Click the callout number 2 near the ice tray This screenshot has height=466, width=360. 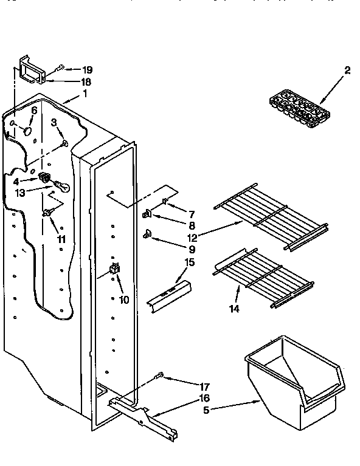coord(347,70)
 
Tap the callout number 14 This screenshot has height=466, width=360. coord(234,308)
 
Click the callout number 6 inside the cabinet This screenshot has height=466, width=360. coord(34,111)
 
